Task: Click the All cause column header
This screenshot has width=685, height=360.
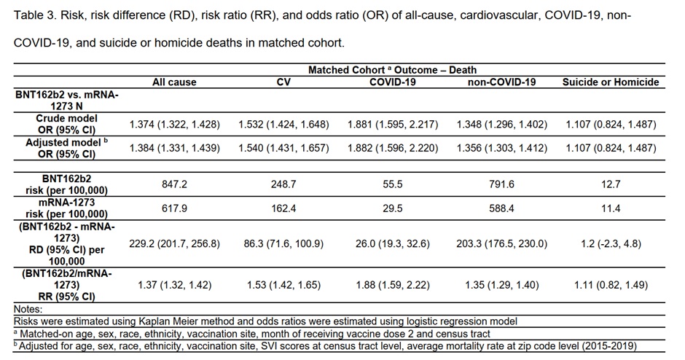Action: (x=174, y=82)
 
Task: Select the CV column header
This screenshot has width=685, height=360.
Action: (x=283, y=82)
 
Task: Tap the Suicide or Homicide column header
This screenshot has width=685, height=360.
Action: (x=611, y=82)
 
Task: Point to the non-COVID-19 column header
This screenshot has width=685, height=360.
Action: (x=501, y=82)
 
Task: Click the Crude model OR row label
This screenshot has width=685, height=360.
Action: (x=66, y=124)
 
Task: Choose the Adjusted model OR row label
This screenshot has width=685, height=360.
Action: (x=66, y=148)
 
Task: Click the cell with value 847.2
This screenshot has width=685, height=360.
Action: (x=174, y=184)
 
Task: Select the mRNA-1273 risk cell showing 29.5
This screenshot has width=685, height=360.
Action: (x=392, y=208)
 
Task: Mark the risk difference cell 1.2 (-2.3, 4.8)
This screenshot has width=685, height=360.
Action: (x=611, y=244)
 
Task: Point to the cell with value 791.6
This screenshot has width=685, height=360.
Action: (x=501, y=184)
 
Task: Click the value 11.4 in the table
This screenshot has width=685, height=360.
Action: (x=611, y=208)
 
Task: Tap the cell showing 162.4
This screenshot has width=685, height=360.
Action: (x=283, y=208)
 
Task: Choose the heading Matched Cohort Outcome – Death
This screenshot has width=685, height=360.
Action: (x=392, y=70)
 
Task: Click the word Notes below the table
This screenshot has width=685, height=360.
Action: (x=28, y=309)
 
